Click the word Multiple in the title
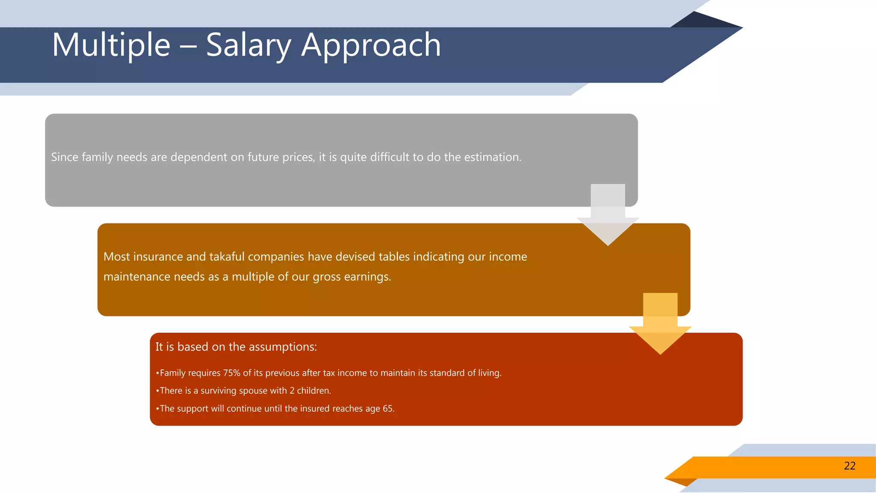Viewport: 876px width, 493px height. coord(111,45)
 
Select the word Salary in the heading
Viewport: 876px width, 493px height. coord(248,45)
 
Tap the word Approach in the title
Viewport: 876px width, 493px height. coord(371,45)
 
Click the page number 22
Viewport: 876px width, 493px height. coord(849,466)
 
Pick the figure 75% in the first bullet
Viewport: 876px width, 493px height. coord(231,373)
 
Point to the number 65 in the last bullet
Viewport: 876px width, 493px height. coord(388,408)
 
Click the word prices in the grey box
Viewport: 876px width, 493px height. coord(298,157)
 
